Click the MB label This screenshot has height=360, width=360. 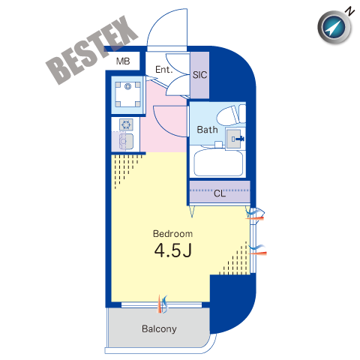[123, 61]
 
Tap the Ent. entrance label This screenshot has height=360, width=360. [164, 70]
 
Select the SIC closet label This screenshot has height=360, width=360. [199, 75]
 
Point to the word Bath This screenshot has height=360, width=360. [207, 130]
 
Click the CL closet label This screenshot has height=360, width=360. [220, 193]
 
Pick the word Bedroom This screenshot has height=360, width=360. [172, 234]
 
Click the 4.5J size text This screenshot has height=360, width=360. [173, 250]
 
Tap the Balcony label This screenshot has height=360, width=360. [159, 329]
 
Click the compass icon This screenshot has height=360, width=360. [334, 27]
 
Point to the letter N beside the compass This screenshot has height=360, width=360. [349, 12]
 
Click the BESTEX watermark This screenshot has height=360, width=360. [91, 50]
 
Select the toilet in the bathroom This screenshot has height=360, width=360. [231, 115]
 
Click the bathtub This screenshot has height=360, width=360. [218, 163]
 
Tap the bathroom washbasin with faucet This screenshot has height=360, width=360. [235, 139]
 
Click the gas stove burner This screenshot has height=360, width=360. [126, 124]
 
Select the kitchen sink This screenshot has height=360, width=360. [126, 142]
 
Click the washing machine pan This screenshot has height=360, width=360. [127, 94]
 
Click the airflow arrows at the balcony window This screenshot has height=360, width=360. [163, 304]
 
